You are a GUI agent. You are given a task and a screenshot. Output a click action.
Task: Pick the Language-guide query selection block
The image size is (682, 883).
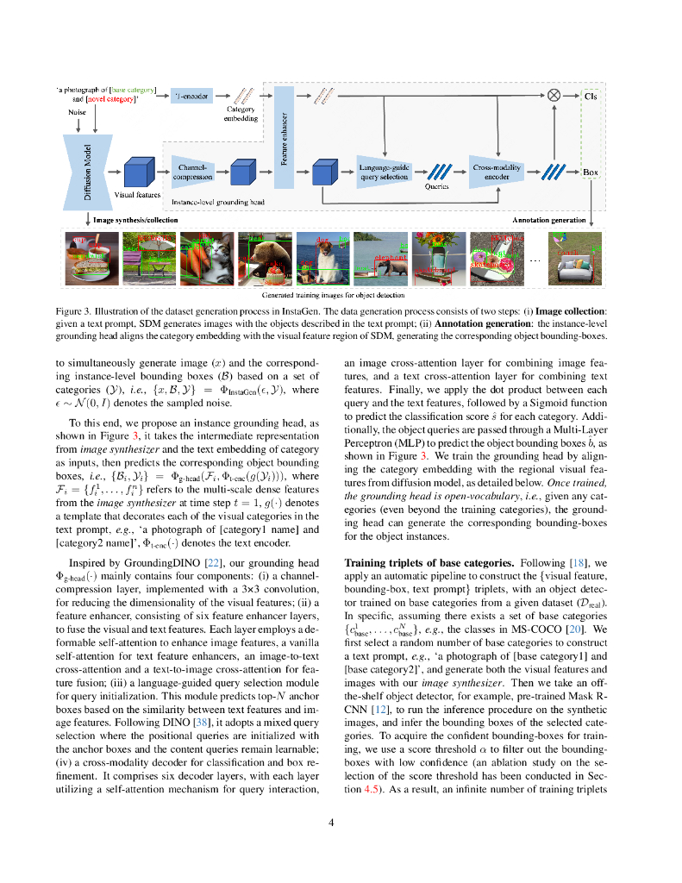click(384, 172)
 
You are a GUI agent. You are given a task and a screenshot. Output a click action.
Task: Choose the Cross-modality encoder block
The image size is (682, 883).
click(495, 172)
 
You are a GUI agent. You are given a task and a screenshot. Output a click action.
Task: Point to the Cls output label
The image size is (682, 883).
click(590, 96)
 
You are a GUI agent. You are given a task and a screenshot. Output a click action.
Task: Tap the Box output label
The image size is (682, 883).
click(590, 172)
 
